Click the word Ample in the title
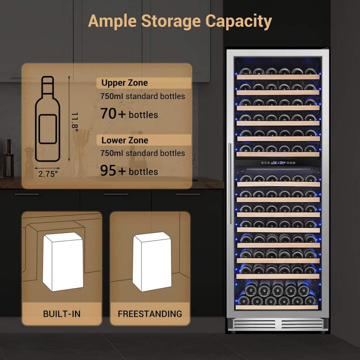click(112, 22)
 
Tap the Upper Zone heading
click(125, 83)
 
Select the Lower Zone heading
click(125, 140)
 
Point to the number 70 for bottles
click(108, 114)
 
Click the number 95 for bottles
click(108, 171)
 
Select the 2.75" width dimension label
click(48, 174)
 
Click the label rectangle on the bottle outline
click(48, 129)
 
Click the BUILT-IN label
click(62, 314)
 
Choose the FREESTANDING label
click(150, 314)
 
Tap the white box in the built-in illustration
click(63, 262)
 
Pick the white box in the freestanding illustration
click(152, 262)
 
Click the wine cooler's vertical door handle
click(230, 184)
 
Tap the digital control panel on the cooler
click(278, 163)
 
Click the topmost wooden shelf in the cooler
click(278, 77)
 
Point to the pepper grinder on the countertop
click(29, 162)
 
